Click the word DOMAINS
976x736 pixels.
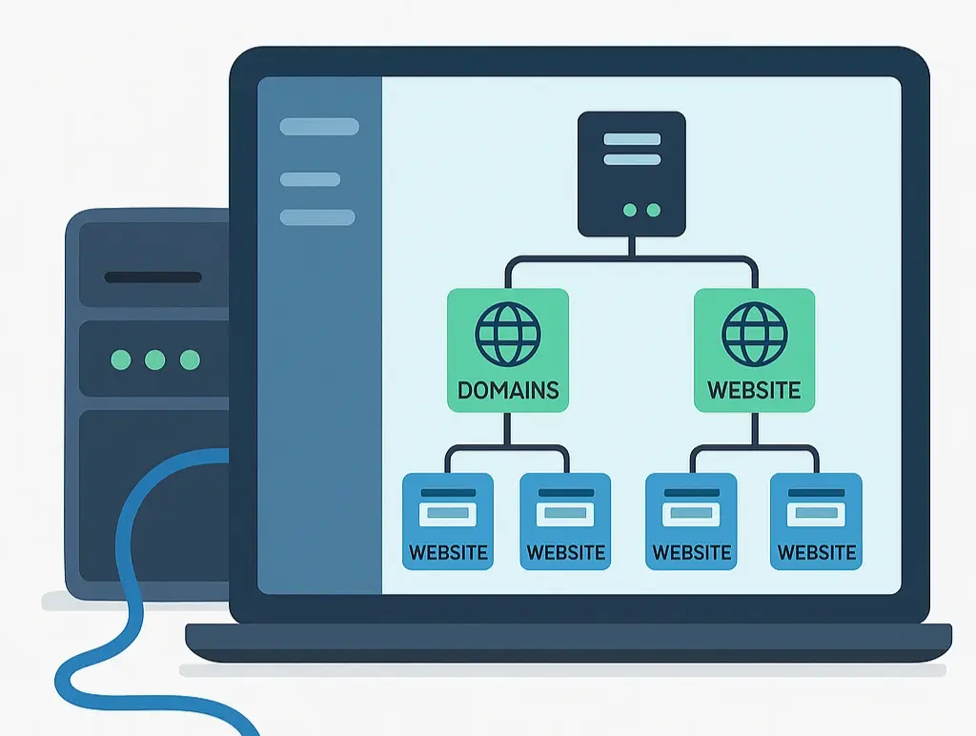point(508,390)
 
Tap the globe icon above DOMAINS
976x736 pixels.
point(507,335)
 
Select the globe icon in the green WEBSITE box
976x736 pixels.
point(755,335)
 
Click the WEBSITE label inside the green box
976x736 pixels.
point(754,390)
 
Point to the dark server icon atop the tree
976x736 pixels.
point(632,174)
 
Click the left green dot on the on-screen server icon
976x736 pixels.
point(628,210)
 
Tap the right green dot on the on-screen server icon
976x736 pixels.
point(653,210)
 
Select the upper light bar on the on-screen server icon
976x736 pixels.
point(632,139)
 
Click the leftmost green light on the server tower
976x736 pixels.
point(121,359)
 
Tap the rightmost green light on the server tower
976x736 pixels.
point(190,359)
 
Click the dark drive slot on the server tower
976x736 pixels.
point(152,277)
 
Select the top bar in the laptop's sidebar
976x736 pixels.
point(319,127)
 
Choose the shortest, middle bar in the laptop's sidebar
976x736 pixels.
point(310,179)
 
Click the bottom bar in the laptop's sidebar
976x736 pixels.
point(317,217)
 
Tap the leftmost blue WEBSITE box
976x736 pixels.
point(448,521)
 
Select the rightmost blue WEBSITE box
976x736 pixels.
point(817,521)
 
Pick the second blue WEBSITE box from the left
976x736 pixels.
point(566,521)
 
